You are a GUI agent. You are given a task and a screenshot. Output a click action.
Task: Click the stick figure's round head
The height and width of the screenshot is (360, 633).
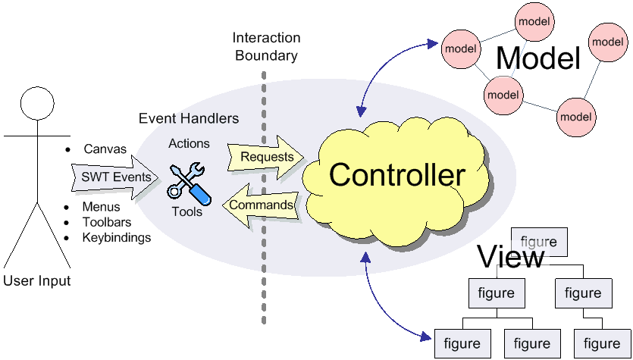tap(37, 103)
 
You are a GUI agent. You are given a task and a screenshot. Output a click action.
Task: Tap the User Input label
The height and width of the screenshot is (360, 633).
tap(37, 281)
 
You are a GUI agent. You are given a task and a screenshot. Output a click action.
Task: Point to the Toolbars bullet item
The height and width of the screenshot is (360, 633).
tap(107, 222)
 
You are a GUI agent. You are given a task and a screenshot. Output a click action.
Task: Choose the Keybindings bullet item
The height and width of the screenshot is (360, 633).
tap(117, 237)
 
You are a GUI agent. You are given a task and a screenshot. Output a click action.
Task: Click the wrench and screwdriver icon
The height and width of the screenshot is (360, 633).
tap(188, 179)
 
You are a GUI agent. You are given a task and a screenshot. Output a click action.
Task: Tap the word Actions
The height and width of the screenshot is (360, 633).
tap(189, 143)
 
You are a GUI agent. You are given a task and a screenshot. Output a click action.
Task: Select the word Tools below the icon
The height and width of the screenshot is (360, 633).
tap(187, 211)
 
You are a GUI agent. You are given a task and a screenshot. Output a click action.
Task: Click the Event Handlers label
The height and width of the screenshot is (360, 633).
tap(189, 119)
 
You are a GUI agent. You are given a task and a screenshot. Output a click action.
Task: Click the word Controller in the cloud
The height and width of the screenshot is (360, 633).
tap(396, 175)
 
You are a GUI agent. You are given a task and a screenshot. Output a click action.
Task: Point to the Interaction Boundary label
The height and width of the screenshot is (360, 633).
tap(266, 46)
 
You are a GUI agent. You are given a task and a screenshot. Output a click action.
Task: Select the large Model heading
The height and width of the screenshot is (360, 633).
tap(537, 58)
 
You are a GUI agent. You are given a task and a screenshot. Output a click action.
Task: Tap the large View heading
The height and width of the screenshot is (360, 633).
tap(510, 257)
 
